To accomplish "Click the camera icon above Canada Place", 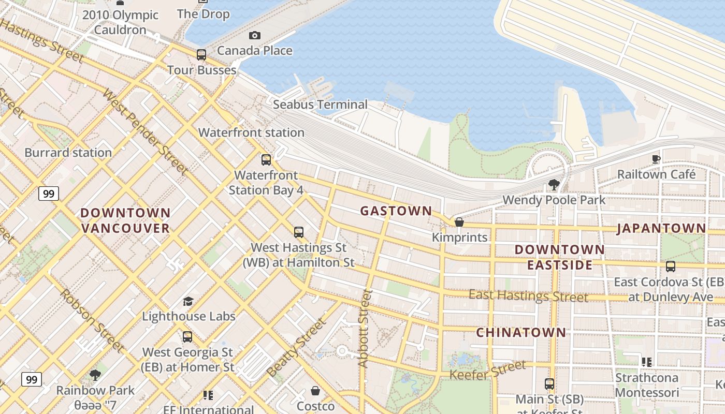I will click(254, 35).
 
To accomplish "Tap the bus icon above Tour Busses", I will click(201, 54).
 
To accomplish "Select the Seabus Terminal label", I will click(320, 105).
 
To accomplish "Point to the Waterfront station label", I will click(251, 132).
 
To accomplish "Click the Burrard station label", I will click(68, 153).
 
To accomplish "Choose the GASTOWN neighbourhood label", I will click(396, 211).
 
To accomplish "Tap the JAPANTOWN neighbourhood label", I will click(661, 228).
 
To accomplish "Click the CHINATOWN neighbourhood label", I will click(521, 332).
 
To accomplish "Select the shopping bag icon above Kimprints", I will click(459, 222).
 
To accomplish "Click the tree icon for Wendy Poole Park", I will click(554, 184).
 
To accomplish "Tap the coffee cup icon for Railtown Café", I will click(656, 159).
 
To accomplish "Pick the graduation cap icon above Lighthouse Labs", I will click(188, 301).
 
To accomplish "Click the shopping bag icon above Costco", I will click(315, 390).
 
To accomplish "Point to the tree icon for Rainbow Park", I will click(95, 375).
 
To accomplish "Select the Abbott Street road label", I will click(365, 329).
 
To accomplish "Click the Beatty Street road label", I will click(297, 347).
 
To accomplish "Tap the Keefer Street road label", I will click(487, 371).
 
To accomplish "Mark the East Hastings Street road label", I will click(528, 296).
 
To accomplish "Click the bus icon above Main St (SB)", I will click(549, 384).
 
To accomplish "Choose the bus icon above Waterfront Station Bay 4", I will click(266, 160).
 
